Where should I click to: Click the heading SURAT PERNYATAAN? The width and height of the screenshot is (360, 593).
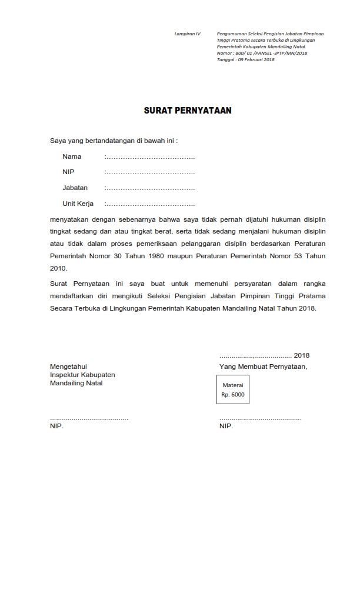pos(188,110)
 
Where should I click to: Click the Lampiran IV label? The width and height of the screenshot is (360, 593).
pos(187,34)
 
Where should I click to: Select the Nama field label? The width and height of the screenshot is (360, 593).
pos(72,156)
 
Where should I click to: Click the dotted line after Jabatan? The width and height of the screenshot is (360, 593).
pos(149,188)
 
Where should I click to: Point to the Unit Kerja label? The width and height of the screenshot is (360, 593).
pos(78,204)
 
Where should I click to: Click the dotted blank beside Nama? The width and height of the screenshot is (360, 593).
pos(149,157)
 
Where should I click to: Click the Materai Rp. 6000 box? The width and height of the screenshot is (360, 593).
pos(232,389)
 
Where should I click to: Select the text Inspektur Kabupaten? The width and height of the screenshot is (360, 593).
pos(82,375)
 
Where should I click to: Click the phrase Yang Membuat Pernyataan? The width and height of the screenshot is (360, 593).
pos(263,366)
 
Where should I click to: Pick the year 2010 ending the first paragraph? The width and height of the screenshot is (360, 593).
pos(58,268)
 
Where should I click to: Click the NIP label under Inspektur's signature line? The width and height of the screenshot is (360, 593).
pos(56,426)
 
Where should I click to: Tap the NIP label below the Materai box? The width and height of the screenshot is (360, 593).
pos(226,426)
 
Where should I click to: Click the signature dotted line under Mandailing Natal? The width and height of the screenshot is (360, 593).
pos(89,418)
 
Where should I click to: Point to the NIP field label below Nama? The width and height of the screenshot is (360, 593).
pos(68,172)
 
